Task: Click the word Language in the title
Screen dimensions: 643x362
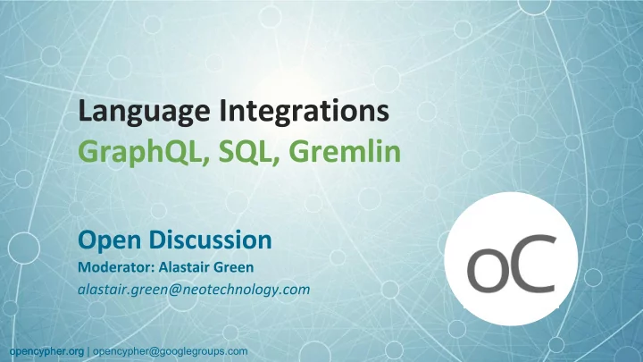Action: [x=144, y=112]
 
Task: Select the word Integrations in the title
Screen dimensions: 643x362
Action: [x=304, y=110]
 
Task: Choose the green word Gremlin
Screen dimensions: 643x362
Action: [x=347, y=151]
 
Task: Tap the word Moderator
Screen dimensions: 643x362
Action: [x=116, y=267]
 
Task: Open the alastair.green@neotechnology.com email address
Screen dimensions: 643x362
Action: [x=194, y=290]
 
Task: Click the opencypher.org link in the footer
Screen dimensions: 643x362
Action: [x=46, y=352]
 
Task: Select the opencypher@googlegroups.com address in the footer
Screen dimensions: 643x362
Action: [x=171, y=352]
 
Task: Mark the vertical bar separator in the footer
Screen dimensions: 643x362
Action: [x=88, y=352]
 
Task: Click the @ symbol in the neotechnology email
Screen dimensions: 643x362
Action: [x=174, y=290]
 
